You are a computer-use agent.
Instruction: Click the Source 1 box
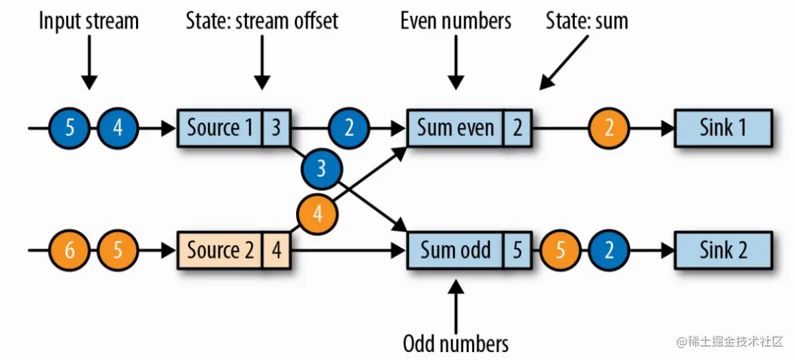click(220, 127)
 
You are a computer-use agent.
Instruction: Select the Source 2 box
click(220, 250)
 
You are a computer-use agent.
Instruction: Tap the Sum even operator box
click(456, 127)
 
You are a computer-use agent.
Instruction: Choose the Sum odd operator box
click(456, 250)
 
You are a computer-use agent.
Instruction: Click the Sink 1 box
click(723, 127)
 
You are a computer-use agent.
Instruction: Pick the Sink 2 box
click(723, 250)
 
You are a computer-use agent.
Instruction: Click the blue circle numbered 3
click(321, 168)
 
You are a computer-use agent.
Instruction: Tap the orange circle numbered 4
click(317, 214)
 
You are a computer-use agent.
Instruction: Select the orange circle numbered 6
click(69, 250)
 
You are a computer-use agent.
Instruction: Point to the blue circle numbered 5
click(69, 127)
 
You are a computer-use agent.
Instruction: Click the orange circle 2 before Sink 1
click(608, 127)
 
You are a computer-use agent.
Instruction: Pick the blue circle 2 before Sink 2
click(608, 250)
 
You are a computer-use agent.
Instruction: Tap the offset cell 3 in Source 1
click(276, 127)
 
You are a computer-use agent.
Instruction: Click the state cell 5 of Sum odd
click(518, 250)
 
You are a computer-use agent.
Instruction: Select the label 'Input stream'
click(89, 21)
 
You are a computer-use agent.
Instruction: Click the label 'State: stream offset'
click(262, 21)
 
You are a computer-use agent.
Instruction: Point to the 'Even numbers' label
click(456, 21)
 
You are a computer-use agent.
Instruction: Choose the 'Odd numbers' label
click(456, 343)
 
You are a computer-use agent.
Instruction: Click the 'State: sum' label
click(587, 21)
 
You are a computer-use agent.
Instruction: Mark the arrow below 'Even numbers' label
click(456, 63)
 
